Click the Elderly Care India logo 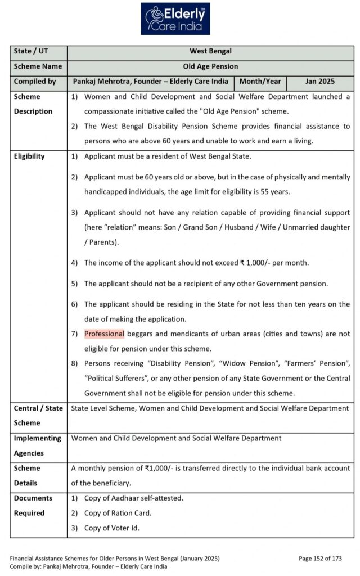point(174,19)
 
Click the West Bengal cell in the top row point(211,52)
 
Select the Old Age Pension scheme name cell point(211,66)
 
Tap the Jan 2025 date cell point(319,82)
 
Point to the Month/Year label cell point(260,82)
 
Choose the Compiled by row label point(35,82)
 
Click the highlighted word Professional point(104,334)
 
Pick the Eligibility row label point(29,156)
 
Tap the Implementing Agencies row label point(37,445)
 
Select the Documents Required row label point(33,505)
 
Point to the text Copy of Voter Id point(112,528)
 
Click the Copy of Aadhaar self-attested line point(133,498)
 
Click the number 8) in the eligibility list point(74,364)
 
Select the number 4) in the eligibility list point(74,263)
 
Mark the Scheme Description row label point(33,104)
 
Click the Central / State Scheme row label point(38,416)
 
